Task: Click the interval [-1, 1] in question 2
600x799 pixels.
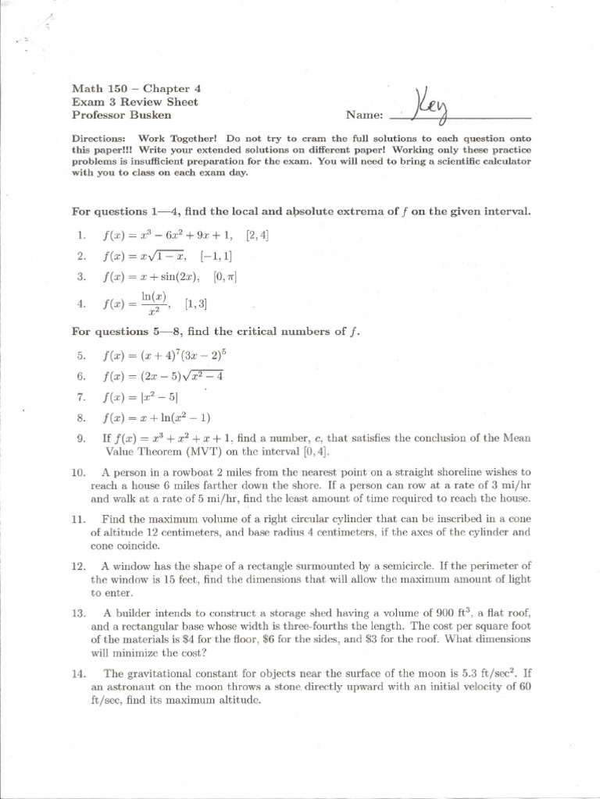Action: point(216,256)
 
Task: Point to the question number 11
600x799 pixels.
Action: point(78,519)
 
